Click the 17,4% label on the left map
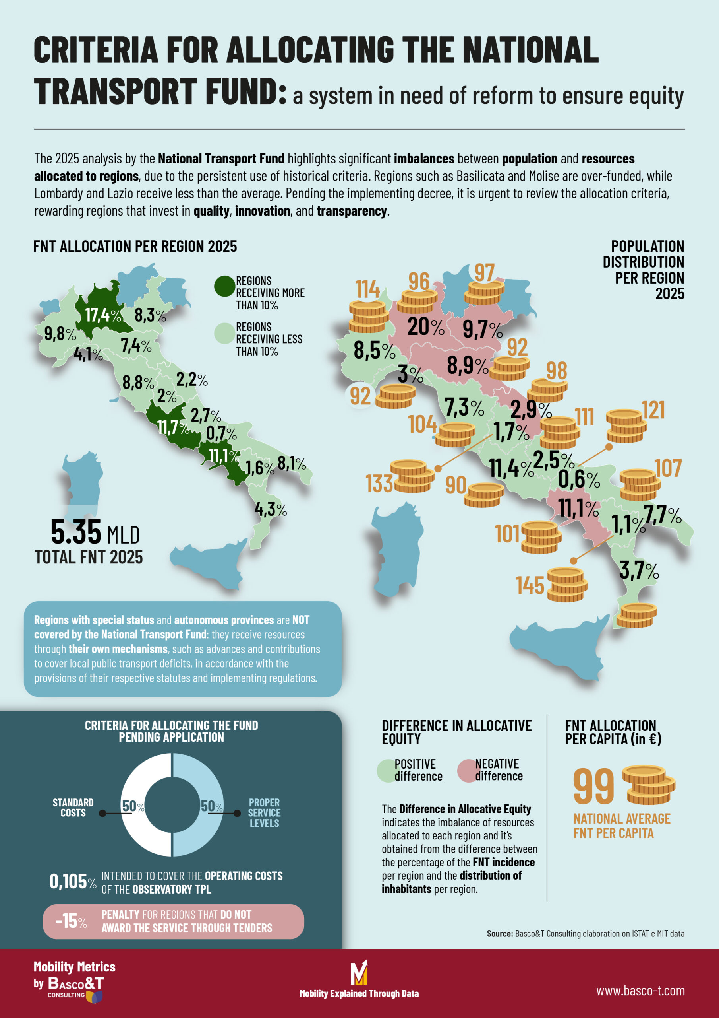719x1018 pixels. pyautogui.click(x=103, y=315)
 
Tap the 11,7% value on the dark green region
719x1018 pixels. pyautogui.click(x=173, y=428)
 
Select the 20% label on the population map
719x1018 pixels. pyautogui.click(x=426, y=327)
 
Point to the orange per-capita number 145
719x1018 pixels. pyautogui.click(x=530, y=586)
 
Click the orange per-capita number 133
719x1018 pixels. pyautogui.click(x=379, y=483)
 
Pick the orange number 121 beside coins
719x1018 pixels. pyautogui.click(x=653, y=410)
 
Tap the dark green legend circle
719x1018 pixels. pyautogui.click(x=224, y=286)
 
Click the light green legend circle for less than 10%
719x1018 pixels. pyautogui.click(x=224, y=333)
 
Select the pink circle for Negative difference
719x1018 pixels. pyautogui.click(x=468, y=771)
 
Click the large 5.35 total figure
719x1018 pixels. pyautogui.click(x=76, y=532)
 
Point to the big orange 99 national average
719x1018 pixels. pyautogui.click(x=593, y=787)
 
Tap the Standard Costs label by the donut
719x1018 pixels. pyautogui.click(x=73, y=807)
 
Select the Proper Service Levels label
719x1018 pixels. pyautogui.click(x=264, y=813)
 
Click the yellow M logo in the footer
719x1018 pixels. pyautogui.click(x=359, y=973)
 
